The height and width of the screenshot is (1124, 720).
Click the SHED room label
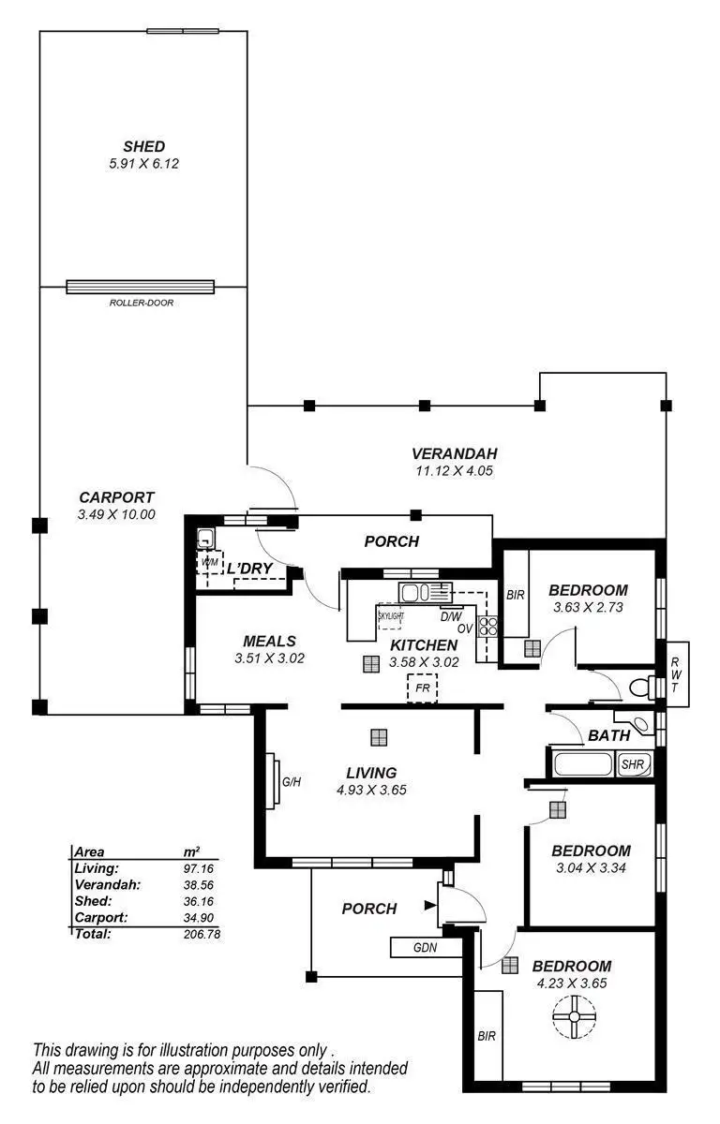[x=143, y=146]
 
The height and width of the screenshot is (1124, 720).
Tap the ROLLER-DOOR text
[x=141, y=303]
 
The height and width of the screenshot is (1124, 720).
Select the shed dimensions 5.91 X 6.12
[x=143, y=163]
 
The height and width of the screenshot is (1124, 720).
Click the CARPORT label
[x=116, y=497]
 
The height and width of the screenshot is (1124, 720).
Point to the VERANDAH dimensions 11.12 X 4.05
[x=453, y=471]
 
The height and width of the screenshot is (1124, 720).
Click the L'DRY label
[x=249, y=568]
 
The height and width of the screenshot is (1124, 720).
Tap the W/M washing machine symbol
[x=209, y=562]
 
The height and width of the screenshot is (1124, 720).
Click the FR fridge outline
[x=422, y=688]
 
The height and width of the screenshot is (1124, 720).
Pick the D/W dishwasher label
[x=450, y=616]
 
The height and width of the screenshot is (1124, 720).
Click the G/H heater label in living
[x=291, y=780]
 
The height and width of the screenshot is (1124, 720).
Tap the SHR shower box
[x=634, y=764]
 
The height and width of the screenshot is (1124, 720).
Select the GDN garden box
[x=426, y=947]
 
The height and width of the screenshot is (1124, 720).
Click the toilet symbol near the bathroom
[x=641, y=688]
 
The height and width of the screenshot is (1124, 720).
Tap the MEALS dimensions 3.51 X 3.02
[x=270, y=658]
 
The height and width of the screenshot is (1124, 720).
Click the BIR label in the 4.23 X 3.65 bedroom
[x=486, y=1037]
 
